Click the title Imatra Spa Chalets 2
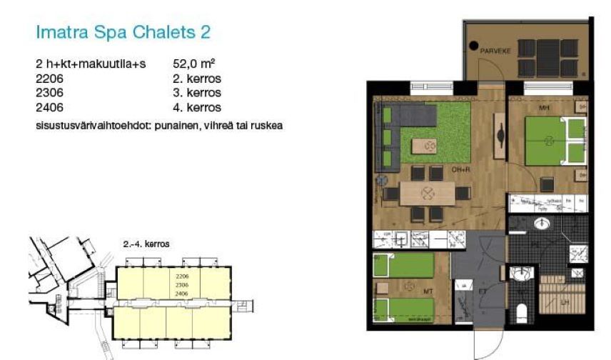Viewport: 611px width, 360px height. coord(123,32)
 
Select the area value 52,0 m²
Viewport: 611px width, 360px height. coord(194,64)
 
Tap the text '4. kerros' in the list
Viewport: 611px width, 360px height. coord(197,108)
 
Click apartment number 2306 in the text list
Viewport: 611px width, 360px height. coord(50,93)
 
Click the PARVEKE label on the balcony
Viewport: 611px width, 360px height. coord(494,51)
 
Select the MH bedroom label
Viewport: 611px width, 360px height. coord(543,109)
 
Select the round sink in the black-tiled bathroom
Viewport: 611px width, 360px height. coord(542,223)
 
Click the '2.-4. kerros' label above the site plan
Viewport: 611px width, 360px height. coord(146,244)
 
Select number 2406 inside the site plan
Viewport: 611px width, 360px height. coord(181,293)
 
